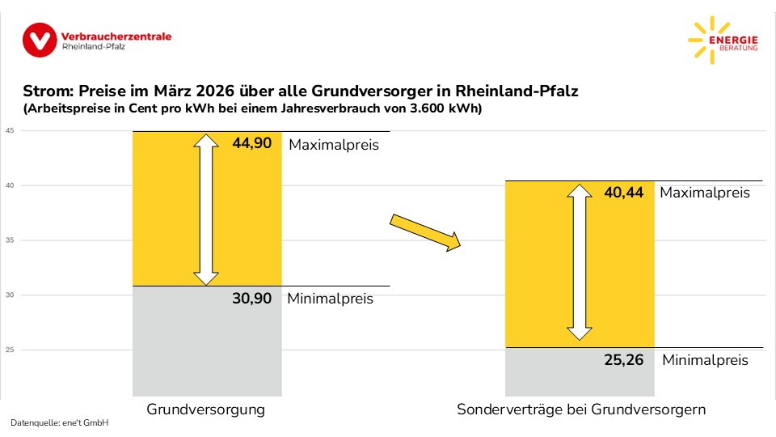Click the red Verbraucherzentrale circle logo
point(40,40)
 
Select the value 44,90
point(251,145)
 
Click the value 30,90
point(251,298)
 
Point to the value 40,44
point(624,193)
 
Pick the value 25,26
point(624,360)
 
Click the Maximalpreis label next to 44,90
point(334,146)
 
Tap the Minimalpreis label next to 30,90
point(331,299)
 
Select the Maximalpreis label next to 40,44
point(705,193)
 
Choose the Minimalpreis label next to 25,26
point(705,360)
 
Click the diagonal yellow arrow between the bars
point(425,232)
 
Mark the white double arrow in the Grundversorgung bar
point(207,210)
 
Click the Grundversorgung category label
point(205,409)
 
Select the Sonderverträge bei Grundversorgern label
point(581,409)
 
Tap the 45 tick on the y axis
point(9,131)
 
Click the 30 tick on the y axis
point(9,295)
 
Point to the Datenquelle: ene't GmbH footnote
point(59,423)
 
